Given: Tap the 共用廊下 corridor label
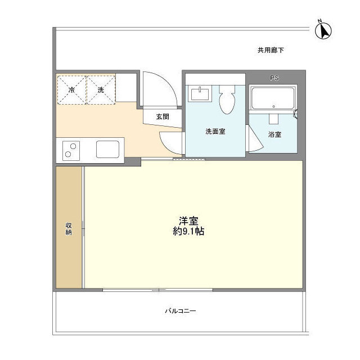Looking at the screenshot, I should (x=271, y=50).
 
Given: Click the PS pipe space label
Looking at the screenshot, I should (x=275, y=78).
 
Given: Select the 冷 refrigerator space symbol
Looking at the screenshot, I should (x=71, y=89).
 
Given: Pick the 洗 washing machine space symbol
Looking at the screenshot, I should (x=101, y=89).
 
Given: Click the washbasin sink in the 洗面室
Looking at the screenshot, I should (x=200, y=93).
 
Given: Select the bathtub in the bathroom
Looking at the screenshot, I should (x=273, y=98).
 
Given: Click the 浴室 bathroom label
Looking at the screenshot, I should (x=274, y=134).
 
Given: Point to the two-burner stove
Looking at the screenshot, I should (x=71, y=149).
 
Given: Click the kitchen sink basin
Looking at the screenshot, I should (x=107, y=149).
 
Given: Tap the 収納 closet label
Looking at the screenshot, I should (x=69, y=229).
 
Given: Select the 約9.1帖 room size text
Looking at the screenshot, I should (x=188, y=231).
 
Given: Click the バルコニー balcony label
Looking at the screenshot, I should (x=180, y=311).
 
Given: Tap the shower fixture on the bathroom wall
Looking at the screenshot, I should (x=296, y=115).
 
